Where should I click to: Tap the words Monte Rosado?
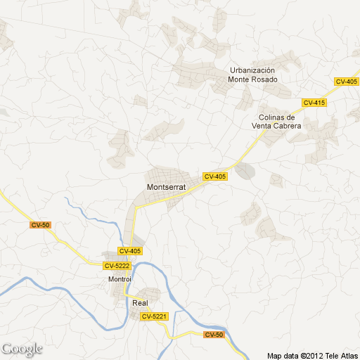pos(253,79)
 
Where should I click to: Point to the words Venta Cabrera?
pos(277,127)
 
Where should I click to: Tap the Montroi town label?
pos(120,279)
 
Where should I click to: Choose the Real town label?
pos(140,302)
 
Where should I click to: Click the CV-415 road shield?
pos(314,103)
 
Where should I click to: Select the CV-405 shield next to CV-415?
pos(347,82)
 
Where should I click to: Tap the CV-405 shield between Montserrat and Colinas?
pos(215,176)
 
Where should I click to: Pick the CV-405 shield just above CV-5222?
pos(130,251)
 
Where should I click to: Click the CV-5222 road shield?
pos(117,265)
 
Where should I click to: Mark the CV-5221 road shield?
pos(155,316)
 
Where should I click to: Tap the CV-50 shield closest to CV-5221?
pos(214,335)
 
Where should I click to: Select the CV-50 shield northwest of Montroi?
pos(41,225)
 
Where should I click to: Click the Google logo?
pos(22,349)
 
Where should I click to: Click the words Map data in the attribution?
pos(283,354)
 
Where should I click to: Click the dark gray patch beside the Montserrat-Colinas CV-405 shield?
pos(245,172)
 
